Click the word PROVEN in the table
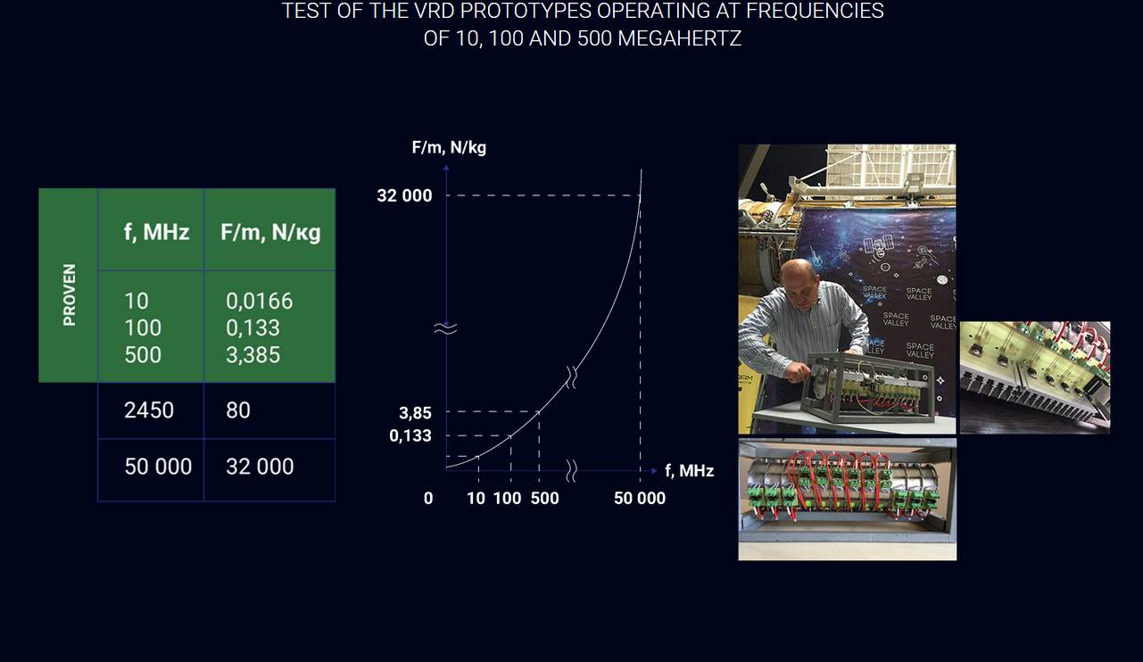tap(69, 294)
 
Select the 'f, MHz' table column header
tap(156, 232)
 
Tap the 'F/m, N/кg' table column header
tap(270, 233)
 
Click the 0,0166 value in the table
tap(260, 302)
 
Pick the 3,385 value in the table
tap(253, 355)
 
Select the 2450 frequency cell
tap(149, 410)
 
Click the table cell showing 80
tap(238, 410)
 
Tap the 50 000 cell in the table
tap(158, 467)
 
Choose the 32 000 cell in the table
tap(260, 467)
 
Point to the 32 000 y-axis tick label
tap(404, 195)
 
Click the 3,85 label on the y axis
tap(415, 413)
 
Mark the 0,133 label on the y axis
tap(410, 436)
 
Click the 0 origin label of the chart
tap(428, 498)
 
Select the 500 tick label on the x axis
tap(544, 498)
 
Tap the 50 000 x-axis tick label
tap(640, 498)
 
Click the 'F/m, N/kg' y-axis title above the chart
tap(449, 148)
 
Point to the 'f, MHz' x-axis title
tap(689, 470)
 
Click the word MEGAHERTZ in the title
tap(679, 38)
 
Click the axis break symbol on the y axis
tap(445, 328)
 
